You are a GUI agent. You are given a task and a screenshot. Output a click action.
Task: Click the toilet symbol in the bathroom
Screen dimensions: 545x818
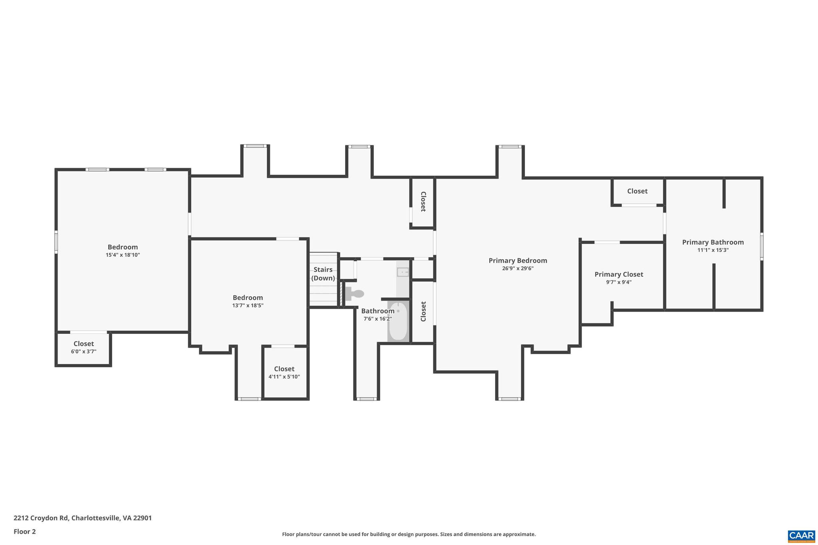[355, 294]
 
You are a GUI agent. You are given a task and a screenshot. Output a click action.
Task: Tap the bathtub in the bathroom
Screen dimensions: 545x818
[398, 321]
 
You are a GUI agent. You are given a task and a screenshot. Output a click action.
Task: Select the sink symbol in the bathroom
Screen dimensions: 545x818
[403, 272]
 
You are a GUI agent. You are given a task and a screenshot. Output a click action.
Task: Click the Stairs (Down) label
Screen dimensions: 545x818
[323, 274]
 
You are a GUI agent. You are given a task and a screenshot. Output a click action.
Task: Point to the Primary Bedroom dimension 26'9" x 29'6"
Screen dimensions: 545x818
[518, 269]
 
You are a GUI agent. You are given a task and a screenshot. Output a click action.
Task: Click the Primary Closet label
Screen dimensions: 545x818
[619, 274]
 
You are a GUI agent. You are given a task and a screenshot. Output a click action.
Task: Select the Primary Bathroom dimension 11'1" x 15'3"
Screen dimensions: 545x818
[713, 250]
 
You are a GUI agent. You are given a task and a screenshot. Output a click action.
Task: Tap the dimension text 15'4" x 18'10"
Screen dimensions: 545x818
[123, 255]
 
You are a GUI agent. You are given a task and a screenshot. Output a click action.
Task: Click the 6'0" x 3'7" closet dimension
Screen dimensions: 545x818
[83, 352]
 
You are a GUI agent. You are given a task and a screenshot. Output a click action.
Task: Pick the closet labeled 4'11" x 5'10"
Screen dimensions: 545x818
[284, 373]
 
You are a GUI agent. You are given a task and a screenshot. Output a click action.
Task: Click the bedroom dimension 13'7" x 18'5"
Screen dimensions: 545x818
[248, 306]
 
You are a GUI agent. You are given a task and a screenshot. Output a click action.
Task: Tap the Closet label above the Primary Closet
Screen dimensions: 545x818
[637, 191]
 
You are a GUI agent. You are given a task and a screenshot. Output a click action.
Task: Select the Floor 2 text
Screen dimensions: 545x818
[25, 531]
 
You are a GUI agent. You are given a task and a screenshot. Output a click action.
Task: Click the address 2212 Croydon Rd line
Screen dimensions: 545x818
[83, 518]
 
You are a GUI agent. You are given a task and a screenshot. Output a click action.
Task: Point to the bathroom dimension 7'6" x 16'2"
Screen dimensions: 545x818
[377, 319]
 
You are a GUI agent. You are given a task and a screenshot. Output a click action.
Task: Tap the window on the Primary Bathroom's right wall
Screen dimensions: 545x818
[761, 246]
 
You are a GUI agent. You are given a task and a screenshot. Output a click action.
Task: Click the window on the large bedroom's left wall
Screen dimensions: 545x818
[56, 242]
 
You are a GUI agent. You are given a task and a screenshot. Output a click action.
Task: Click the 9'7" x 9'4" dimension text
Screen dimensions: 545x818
[619, 282]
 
